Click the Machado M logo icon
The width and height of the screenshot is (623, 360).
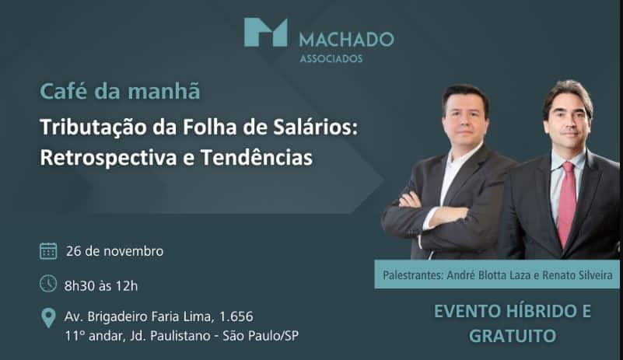265,32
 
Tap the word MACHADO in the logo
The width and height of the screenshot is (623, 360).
346,40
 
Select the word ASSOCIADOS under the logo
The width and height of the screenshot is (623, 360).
331,59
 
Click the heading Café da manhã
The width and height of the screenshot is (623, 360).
120,91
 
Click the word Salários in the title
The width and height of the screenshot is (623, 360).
316,127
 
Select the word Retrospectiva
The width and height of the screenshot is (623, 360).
108,158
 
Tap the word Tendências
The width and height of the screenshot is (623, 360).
256,157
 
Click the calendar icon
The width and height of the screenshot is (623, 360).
48,251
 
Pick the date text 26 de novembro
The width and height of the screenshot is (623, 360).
114,251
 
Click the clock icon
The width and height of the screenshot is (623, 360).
48,284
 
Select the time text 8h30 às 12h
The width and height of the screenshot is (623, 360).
101,285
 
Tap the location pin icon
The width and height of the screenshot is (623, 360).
48,317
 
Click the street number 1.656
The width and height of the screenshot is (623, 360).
236,316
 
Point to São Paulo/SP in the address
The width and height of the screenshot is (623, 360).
261,336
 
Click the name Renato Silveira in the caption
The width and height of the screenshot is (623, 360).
577,275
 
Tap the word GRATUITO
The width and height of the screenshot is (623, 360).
513,336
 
